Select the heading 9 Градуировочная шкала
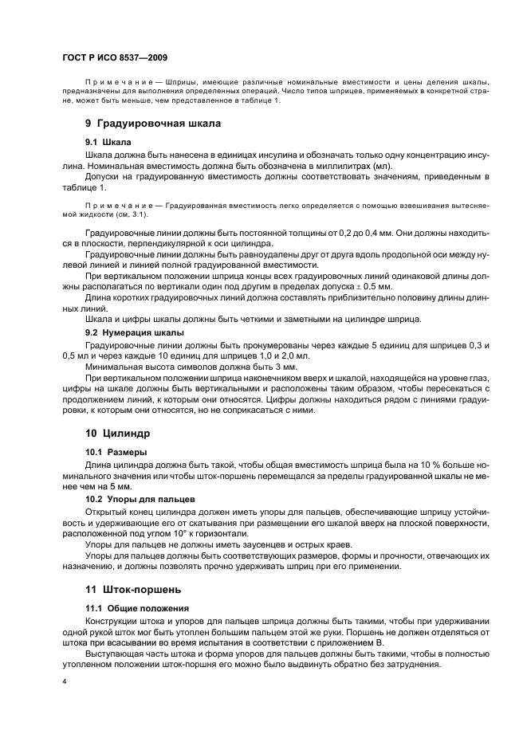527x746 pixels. [x=153, y=124]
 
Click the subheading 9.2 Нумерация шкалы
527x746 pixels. [x=134, y=331]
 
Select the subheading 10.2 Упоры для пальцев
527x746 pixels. [x=136, y=499]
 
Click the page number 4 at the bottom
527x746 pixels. [x=64, y=682]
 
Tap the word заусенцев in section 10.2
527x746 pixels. [x=242, y=544]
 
